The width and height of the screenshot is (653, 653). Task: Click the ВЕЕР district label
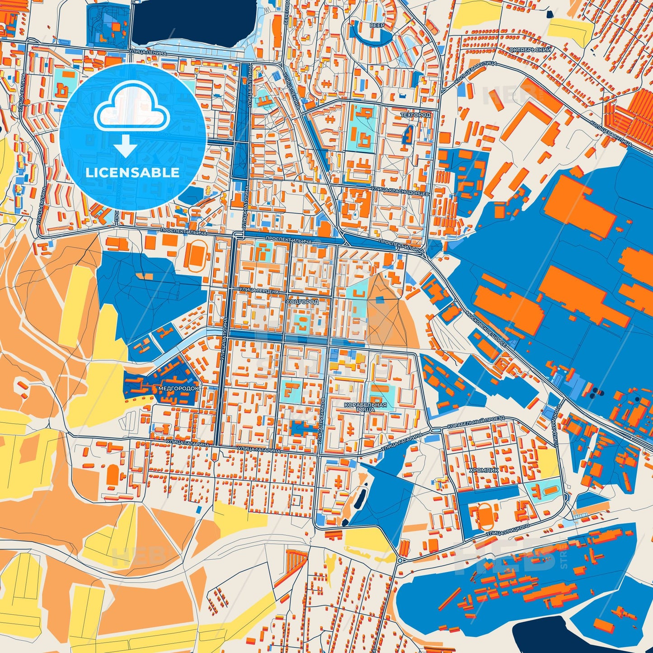tap(377, 26)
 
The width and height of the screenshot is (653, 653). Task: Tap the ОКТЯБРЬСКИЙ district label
tap(530, 50)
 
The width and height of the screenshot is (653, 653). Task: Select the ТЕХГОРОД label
tap(415, 115)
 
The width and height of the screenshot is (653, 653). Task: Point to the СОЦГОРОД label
tap(302, 301)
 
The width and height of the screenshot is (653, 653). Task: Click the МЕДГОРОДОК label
tap(179, 388)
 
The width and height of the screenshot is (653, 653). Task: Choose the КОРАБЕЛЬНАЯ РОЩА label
tap(365, 407)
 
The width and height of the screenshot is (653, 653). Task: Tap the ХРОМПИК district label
tap(484, 470)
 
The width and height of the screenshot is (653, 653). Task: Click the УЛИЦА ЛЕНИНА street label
tap(148, 53)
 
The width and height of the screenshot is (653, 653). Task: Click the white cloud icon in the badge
tap(132, 111)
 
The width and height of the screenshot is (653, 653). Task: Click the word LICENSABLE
tap(133, 173)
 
